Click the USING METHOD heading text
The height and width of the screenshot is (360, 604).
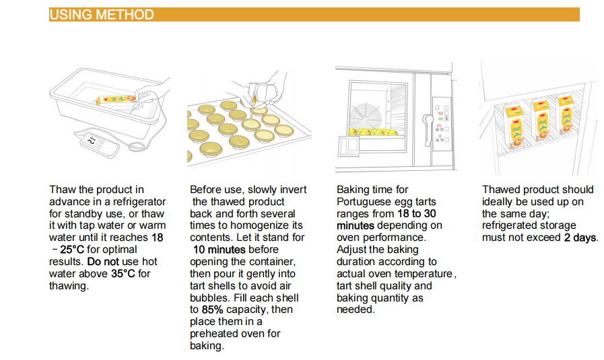tap(102, 15)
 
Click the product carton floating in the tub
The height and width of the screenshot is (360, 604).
tap(115, 100)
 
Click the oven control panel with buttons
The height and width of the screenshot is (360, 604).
tap(442, 124)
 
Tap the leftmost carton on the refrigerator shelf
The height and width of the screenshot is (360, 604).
tap(514, 127)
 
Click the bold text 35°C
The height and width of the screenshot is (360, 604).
tap(123, 274)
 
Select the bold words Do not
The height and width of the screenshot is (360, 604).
tap(103, 262)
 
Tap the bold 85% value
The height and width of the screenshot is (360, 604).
tap(212, 310)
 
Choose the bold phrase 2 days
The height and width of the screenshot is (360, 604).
tap(581, 238)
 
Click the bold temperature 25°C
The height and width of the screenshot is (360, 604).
tap(72, 250)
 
